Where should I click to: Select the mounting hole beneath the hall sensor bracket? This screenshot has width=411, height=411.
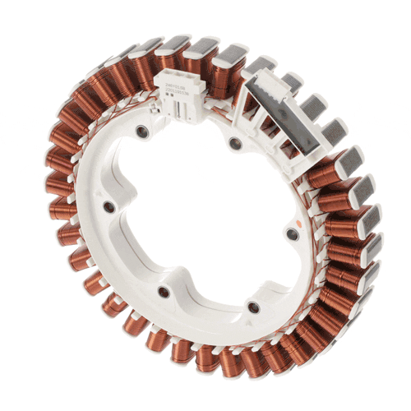tap(236, 143)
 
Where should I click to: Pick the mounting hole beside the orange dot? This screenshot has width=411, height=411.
tap(292, 233)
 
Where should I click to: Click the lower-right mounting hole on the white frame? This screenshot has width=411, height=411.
tap(253, 307)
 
